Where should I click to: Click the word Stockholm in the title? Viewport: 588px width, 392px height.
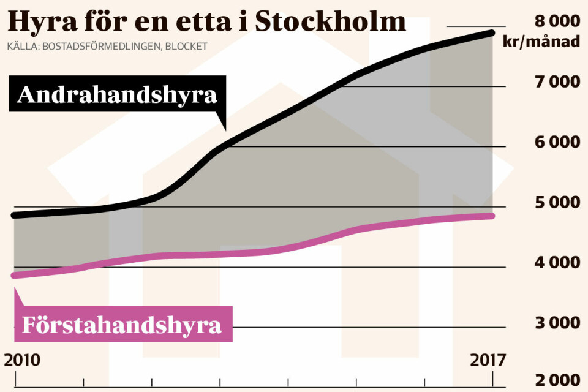click(x=330, y=22)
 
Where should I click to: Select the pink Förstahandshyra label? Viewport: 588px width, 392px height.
click(x=122, y=325)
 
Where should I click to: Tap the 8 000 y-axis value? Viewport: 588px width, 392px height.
click(x=557, y=21)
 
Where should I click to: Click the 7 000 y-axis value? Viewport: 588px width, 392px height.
click(x=557, y=81)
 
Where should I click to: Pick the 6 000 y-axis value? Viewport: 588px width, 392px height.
click(x=557, y=142)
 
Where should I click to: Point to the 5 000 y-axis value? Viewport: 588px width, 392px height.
click(x=557, y=203)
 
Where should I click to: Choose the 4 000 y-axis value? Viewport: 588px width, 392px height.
click(x=557, y=263)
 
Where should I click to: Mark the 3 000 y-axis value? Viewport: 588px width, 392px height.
click(x=557, y=323)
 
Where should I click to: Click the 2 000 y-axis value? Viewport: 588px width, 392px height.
click(x=557, y=382)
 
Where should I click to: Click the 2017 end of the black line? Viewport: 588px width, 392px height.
click(x=492, y=32)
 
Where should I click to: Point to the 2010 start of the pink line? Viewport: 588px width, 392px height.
click(x=15, y=275)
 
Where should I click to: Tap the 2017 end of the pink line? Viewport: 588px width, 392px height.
click(x=492, y=216)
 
